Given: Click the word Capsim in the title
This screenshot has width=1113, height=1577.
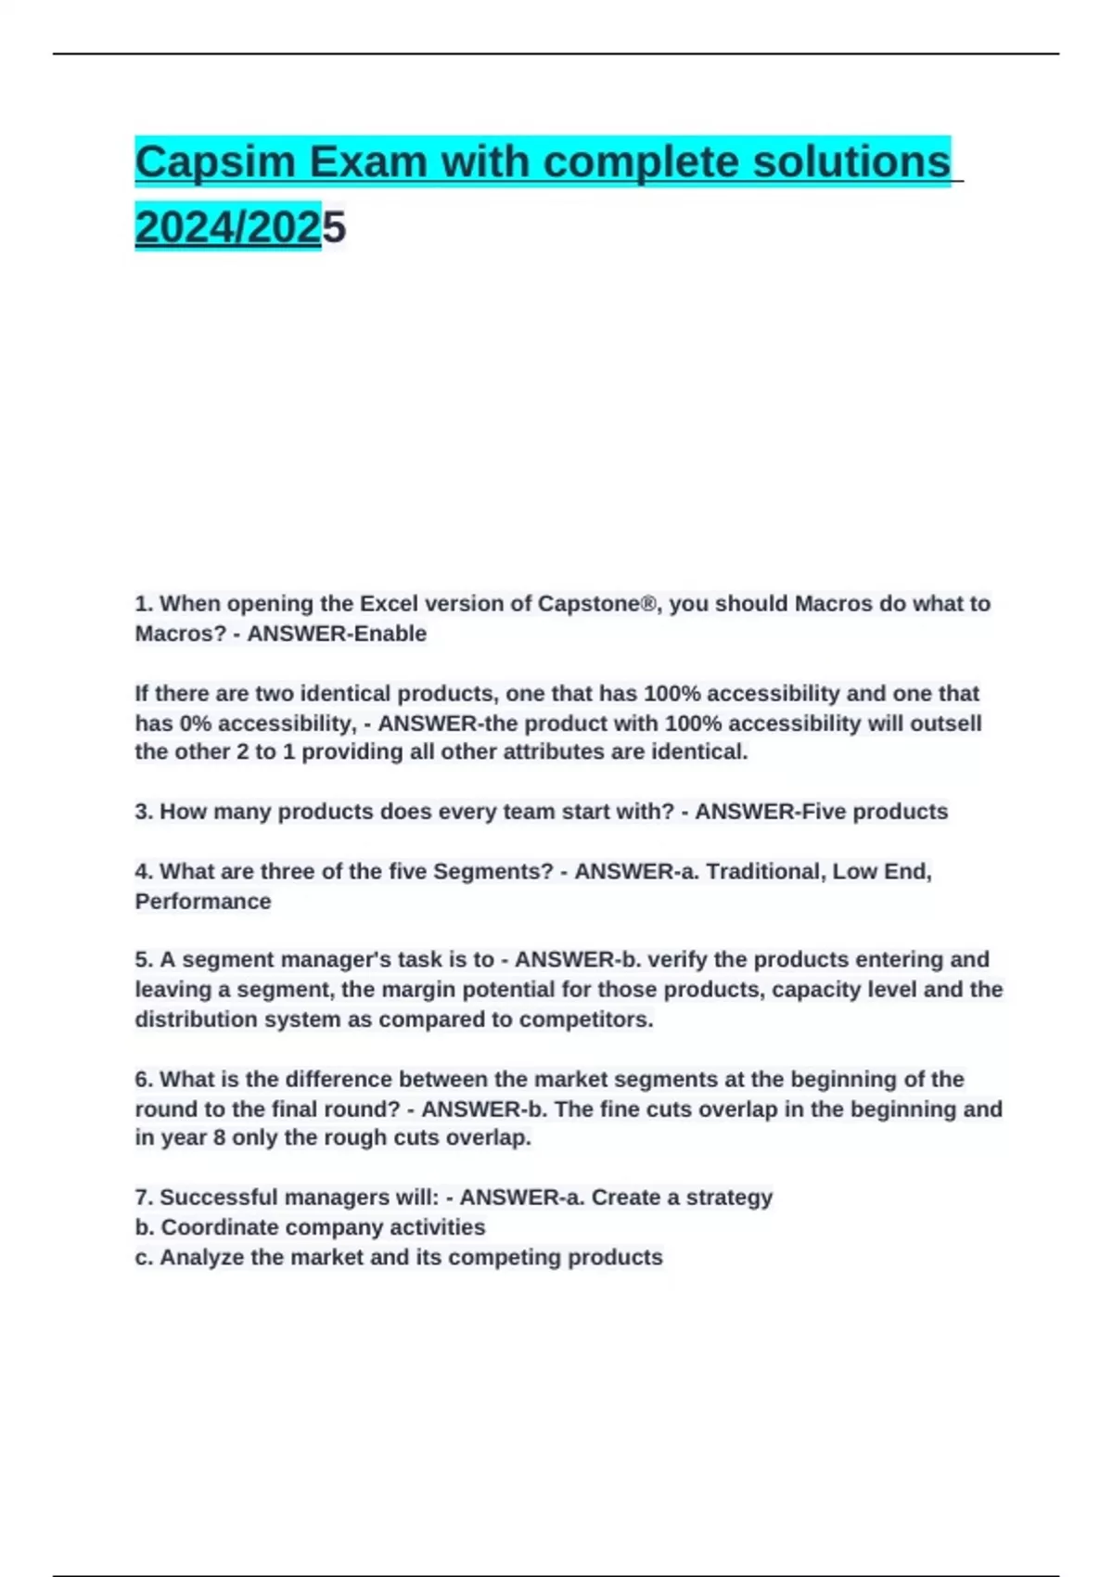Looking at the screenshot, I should coord(213,162).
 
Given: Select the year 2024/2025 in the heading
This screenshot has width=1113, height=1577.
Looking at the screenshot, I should coord(240,227).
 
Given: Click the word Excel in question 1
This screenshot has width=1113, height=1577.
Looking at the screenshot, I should coord(389,604).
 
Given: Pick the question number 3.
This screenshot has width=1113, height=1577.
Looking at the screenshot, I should coord(143,812).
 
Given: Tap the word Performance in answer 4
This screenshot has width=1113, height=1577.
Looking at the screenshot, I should coord(203,902).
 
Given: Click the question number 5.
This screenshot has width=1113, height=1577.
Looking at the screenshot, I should coord(143,960).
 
